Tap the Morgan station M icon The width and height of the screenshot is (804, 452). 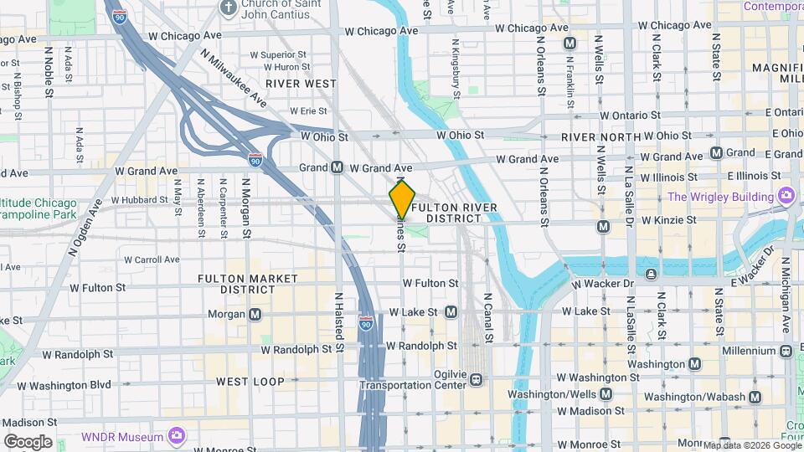pyautogui.click(x=255, y=315)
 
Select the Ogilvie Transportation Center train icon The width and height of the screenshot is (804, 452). pyautogui.click(x=476, y=379)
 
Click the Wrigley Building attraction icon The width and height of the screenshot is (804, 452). pyautogui.click(x=786, y=196)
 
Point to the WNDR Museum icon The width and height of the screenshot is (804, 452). pyautogui.click(x=176, y=436)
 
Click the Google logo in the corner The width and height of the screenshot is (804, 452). pyautogui.click(x=28, y=442)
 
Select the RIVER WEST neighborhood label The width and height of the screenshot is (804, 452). pyautogui.click(x=301, y=84)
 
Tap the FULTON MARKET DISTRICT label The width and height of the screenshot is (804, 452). pyautogui.click(x=248, y=283)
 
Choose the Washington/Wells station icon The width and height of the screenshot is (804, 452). pyautogui.click(x=606, y=393)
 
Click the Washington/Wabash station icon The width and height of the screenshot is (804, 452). pyautogui.click(x=755, y=397)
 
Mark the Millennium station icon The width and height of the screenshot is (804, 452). pyautogui.click(x=786, y=351)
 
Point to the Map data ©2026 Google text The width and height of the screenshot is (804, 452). pyautogui.click(x=751, y=445)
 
